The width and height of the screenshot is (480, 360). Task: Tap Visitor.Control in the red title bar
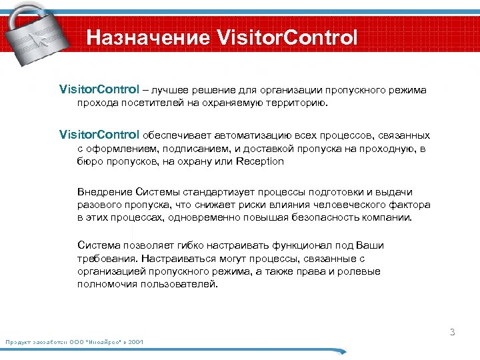point(288,37)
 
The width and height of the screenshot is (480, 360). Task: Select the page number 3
point(451,332)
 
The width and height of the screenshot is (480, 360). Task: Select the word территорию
point(291,103)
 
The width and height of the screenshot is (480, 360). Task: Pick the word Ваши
point(370,245)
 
